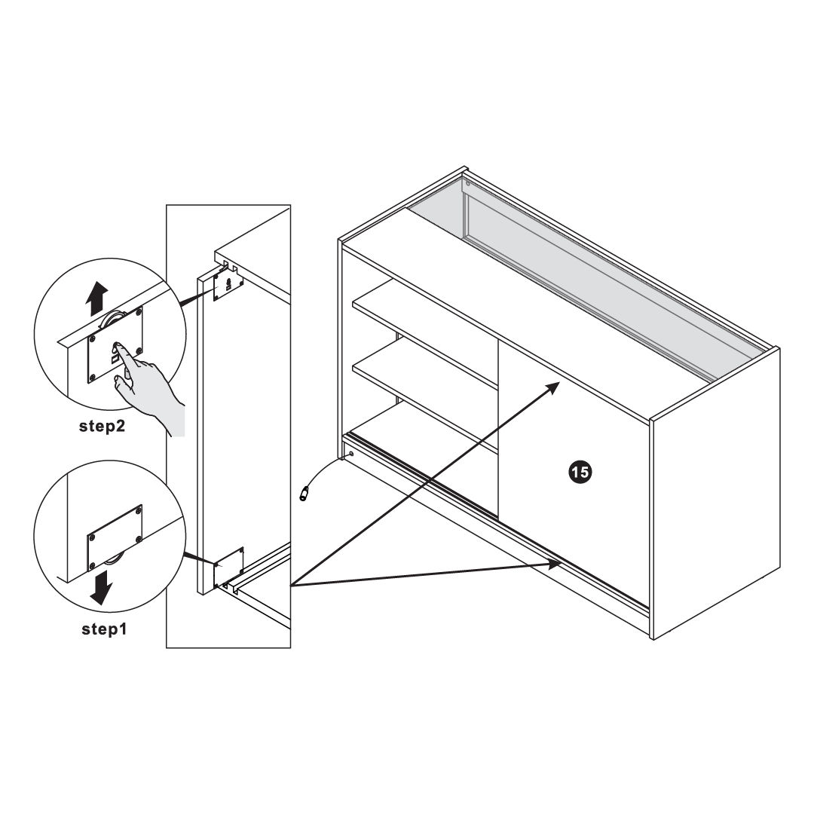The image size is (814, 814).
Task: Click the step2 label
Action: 102,426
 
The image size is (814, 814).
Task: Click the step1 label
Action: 104,629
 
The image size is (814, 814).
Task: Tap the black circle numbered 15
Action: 580,472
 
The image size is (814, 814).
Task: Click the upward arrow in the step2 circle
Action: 96,298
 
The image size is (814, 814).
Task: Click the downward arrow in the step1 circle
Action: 101,587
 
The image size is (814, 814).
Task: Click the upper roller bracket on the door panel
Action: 228,285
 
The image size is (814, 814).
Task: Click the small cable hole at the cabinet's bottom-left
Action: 351,453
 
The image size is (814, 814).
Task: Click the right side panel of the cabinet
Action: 715,493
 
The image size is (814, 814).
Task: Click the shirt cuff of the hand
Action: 176,420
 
